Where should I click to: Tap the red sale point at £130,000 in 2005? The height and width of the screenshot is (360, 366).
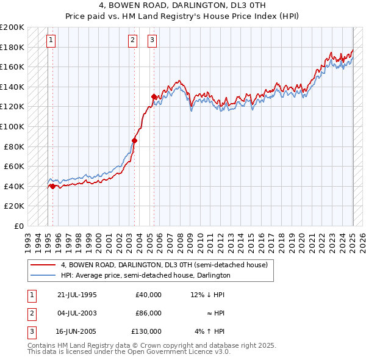(154, 96)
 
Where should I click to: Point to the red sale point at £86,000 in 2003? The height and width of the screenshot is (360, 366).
(134, 140)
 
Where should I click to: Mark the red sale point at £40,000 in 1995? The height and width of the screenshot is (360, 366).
(52, 186)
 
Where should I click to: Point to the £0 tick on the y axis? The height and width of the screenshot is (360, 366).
(18, 226)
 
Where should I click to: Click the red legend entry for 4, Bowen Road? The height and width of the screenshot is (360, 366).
(164, 265)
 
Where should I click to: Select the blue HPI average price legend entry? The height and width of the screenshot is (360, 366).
(145, 275)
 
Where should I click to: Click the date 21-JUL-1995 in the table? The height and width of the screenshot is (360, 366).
(77, 295)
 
